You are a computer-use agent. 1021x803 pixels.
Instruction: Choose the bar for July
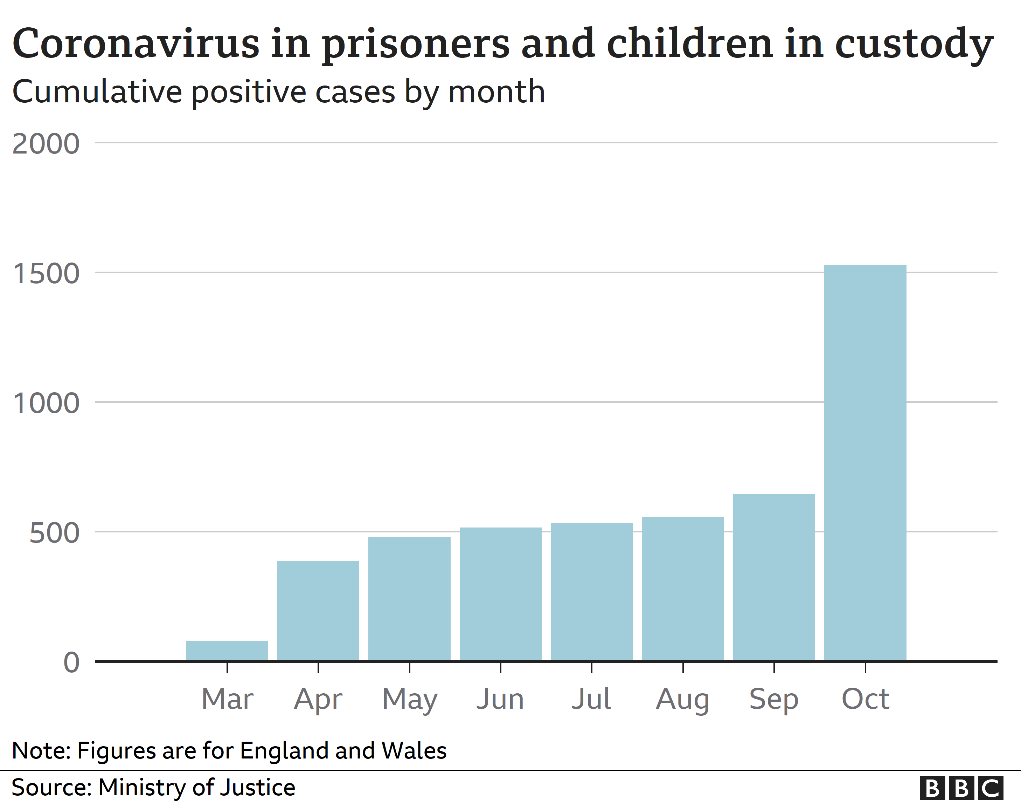click(591, 592)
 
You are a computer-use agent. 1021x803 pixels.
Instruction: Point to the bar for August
click(682, 589)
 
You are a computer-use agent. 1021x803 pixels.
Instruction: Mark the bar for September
click(773, 577)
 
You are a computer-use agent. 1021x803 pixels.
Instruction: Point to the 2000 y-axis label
click(46, 144)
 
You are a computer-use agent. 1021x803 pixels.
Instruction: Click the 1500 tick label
click(46, 274)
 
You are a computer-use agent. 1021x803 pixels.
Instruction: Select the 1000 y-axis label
click(46, 403)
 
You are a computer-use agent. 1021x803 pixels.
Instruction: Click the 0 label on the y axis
click(71, 663)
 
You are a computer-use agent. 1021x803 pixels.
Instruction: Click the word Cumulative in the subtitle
click(97, 92)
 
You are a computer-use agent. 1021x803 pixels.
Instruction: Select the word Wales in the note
click(414, 750)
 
